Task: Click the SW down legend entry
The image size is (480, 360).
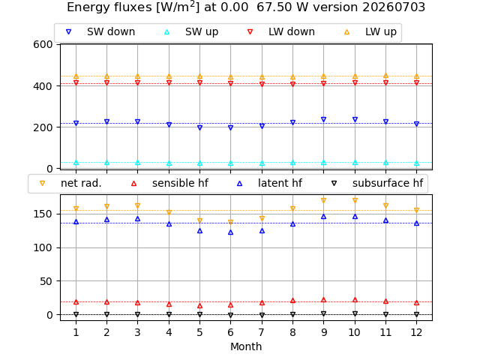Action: [x=100, y=31]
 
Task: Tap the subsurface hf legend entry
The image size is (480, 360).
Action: [x=377, y=183]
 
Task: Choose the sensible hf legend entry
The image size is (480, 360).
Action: [x=169, y=183]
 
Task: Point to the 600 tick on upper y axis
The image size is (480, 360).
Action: [x=43, y=44]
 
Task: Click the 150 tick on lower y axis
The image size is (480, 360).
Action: [x=43, y=214]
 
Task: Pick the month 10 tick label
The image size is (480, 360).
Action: [x=355, y=332]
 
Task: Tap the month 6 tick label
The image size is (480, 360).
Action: [x=230, y=332]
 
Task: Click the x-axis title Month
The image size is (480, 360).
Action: [x=246, y=346]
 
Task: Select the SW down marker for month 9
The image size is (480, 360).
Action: [x=323, y=119]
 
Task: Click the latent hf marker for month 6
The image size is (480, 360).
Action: [x=230, y=232]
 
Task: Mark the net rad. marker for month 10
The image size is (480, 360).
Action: [x=355, y=200]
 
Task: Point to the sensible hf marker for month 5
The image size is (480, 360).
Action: [x=200, y=306]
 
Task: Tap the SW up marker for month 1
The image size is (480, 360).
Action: [x=76, y=163]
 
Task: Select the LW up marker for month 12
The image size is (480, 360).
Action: [x=417, y=76]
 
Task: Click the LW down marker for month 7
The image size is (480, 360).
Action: [x=262, y=84]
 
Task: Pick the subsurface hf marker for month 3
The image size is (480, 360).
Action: [x=138, y=314]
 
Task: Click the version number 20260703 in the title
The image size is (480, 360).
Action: [x=394, y=7]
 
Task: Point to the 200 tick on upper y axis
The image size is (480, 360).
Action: [x=43, y=127]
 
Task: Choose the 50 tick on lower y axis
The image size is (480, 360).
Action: [x=46, y=281]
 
